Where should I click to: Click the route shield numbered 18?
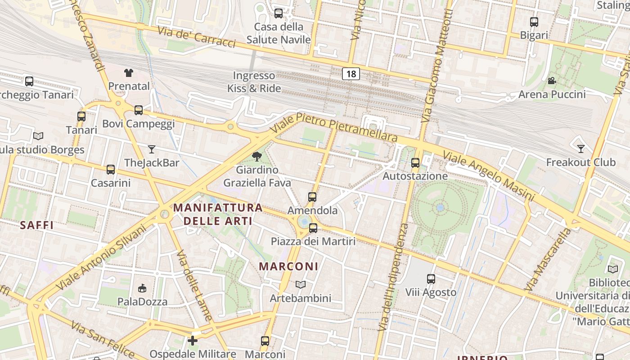point(351,74)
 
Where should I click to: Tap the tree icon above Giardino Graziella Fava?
point(257,157)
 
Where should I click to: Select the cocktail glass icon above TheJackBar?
point(152,149)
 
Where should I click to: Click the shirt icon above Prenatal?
point(129,72)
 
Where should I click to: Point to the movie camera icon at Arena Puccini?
point(552,81)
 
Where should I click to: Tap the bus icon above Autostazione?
point(415,162)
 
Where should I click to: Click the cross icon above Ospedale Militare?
point(193,341)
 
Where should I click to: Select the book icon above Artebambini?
point(301,284)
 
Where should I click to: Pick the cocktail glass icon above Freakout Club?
point(581,148)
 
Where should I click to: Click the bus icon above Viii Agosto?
point(431,279)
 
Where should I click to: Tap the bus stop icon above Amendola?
point(312,197)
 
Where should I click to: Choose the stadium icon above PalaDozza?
point(142,288)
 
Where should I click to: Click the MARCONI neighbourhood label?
point(288,266)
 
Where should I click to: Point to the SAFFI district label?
point(37,225)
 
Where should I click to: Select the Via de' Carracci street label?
point(197,36)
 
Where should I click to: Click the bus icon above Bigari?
point(534,22)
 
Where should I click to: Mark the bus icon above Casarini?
point(111,170)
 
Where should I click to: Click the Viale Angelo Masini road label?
point(488,176)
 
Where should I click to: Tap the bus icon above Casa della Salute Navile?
point(279,13)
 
